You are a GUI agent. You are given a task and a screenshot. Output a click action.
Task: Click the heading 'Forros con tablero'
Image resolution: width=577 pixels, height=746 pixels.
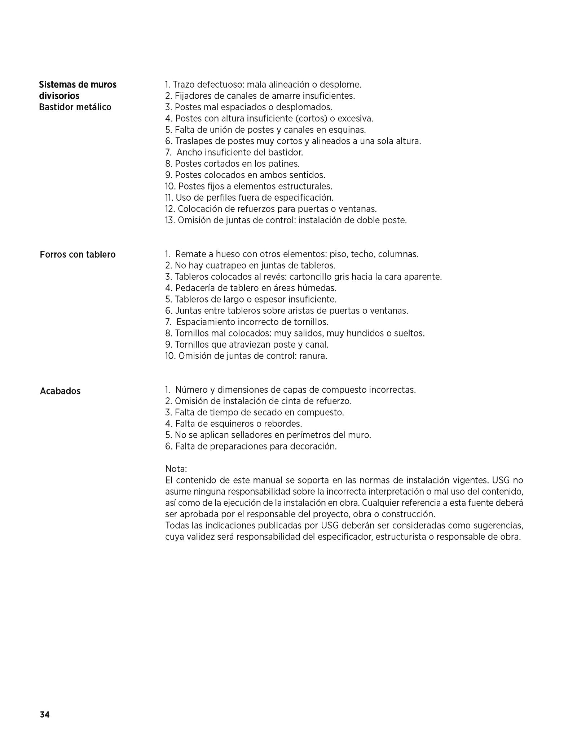(x=78, y=255)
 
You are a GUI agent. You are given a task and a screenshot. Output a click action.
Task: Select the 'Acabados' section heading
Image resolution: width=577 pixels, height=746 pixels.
(x=60, y=391)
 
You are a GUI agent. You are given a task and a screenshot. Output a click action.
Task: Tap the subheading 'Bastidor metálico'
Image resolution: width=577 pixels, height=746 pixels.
(x=75, y=107)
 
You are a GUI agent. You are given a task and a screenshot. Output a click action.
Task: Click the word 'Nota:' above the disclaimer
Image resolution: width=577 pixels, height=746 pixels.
(x=176, y=469)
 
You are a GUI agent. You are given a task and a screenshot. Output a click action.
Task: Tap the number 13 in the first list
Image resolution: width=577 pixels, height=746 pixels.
(x=169, y=220)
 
